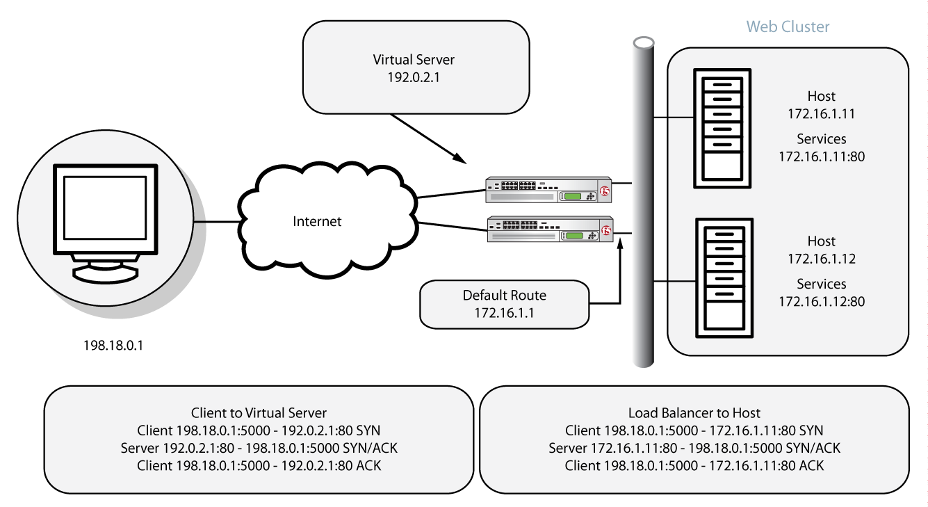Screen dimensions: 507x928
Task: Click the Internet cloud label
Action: point(317,222)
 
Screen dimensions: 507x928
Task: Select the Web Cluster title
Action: point(788,27)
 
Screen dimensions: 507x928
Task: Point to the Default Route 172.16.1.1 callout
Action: point(504,305)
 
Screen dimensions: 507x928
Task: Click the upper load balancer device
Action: point(549,190)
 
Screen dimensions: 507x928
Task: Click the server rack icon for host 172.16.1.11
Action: point(723,128)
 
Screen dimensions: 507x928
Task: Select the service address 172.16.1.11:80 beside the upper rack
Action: point(821,156)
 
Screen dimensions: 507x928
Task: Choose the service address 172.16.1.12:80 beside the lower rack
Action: point(821,301)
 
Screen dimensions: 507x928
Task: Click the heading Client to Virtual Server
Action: point(259,412)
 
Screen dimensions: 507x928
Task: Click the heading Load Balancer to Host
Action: point(694,413)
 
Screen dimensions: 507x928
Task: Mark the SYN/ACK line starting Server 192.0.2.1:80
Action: point(259,448)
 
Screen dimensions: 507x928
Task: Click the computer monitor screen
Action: point(106,208)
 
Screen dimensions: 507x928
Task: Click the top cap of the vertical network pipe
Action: point(644,42)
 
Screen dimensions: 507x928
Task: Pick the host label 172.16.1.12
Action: point(821,259)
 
